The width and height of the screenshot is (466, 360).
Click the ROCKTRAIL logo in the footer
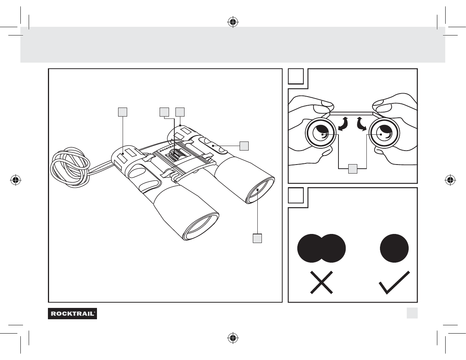click(x=72, y=313)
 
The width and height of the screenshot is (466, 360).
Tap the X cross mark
click(x=321, y=282)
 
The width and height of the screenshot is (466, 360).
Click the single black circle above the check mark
click(x=394, y=248)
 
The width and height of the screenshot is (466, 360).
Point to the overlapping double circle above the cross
click(x=321, y=248)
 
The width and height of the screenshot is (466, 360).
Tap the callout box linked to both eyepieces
click(x=352, y=169)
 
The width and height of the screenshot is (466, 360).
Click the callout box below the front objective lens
click(x=257, y=238)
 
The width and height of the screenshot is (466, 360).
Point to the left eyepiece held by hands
click(x=320, y=134)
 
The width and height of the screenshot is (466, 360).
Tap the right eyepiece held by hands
click(x=383, y=134)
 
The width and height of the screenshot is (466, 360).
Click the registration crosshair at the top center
click(x=233, y=23)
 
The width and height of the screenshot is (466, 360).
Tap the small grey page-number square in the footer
click(x=412, y=313)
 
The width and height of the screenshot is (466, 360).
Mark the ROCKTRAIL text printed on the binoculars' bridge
click(x=166, y=147)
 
